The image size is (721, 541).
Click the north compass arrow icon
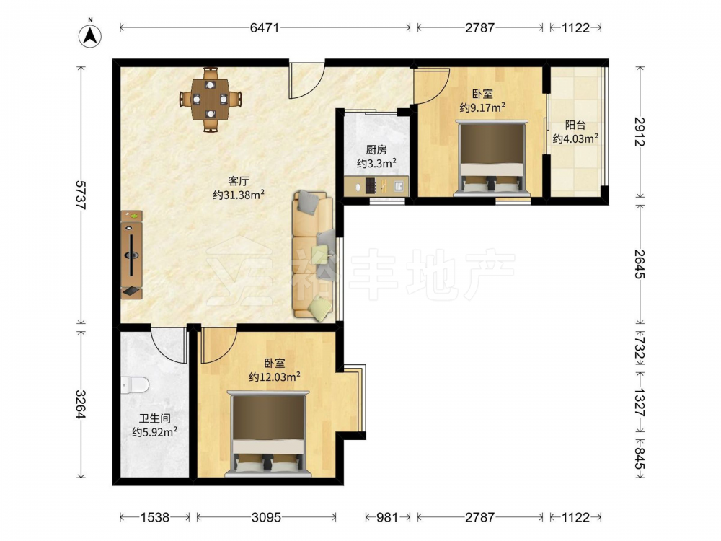pos(90,35)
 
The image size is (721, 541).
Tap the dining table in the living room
pos(210,99)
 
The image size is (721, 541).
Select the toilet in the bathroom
pos(135,384)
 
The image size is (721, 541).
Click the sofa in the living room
pos(313,256)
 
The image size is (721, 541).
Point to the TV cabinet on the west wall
pos(131,255)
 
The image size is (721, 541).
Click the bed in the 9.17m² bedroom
pos(492,159)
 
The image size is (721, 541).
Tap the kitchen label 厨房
pos(376,149)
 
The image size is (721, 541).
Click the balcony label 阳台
pos(575,125)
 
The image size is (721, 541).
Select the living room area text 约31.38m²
pos(239,195)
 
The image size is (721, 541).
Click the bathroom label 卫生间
pos(155,418)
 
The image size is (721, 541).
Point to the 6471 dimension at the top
pos(265,27)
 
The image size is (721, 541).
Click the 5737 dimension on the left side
pos(81,195)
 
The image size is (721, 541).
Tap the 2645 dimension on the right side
pos(640,264)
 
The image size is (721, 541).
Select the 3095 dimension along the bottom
pos(266,517)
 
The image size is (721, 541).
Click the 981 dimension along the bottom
pos(387,517)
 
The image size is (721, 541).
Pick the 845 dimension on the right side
pos(640,459)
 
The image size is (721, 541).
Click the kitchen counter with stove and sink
pos(376,186)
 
